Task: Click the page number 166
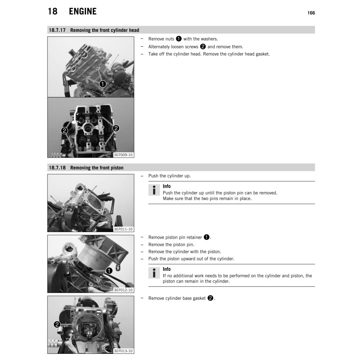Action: coord(311,13)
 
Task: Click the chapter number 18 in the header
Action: coord(52,12)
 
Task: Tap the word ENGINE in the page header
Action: coord(82,12)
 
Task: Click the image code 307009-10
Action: coord(123,155)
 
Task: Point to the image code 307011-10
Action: coord(123,229)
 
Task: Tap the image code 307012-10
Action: coord(123,290)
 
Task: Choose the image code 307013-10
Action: coord(123,351)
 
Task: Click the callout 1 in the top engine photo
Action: coord(103,83)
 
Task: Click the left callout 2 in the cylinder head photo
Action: coord(64,131)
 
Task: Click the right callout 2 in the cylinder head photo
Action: coord(116,128)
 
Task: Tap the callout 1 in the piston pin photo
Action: coord(109,271)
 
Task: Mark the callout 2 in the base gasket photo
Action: coord(57,325)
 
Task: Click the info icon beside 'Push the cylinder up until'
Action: coord(154,190)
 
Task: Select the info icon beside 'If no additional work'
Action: coord(154,273)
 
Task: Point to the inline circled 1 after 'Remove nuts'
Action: coord(178,39)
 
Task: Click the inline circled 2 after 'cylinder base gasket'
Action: coord(210,298)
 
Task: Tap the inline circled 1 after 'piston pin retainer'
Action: coord(206,237)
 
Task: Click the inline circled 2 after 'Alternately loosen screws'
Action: coord(203,47)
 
